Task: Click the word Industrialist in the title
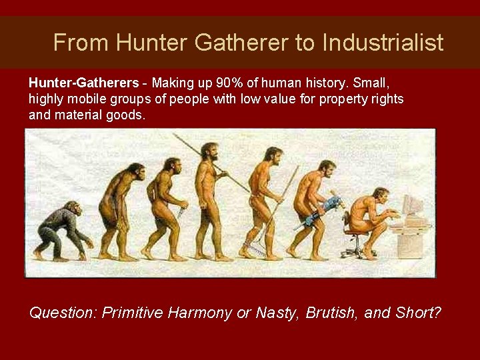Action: pos(383,43)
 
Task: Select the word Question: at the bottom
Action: pos(64,312)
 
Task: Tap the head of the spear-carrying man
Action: pos(209,151)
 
